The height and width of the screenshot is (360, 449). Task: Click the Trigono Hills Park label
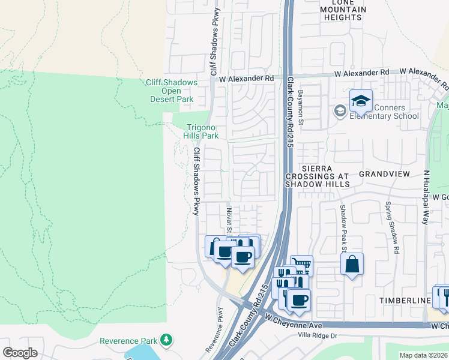200,131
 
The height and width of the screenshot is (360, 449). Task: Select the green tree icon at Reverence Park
166,341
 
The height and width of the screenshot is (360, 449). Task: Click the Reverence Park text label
128,341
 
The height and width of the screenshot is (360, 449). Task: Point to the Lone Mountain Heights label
343,10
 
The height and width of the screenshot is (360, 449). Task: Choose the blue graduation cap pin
361,102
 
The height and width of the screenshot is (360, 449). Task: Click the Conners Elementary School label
389,112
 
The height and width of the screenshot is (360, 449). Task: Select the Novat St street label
229,217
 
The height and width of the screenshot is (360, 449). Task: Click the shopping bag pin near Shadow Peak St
352,264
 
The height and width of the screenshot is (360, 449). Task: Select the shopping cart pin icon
301,265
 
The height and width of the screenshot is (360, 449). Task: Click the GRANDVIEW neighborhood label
384,173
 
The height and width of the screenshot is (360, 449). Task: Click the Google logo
20,352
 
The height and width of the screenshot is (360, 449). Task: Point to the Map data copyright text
423,355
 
